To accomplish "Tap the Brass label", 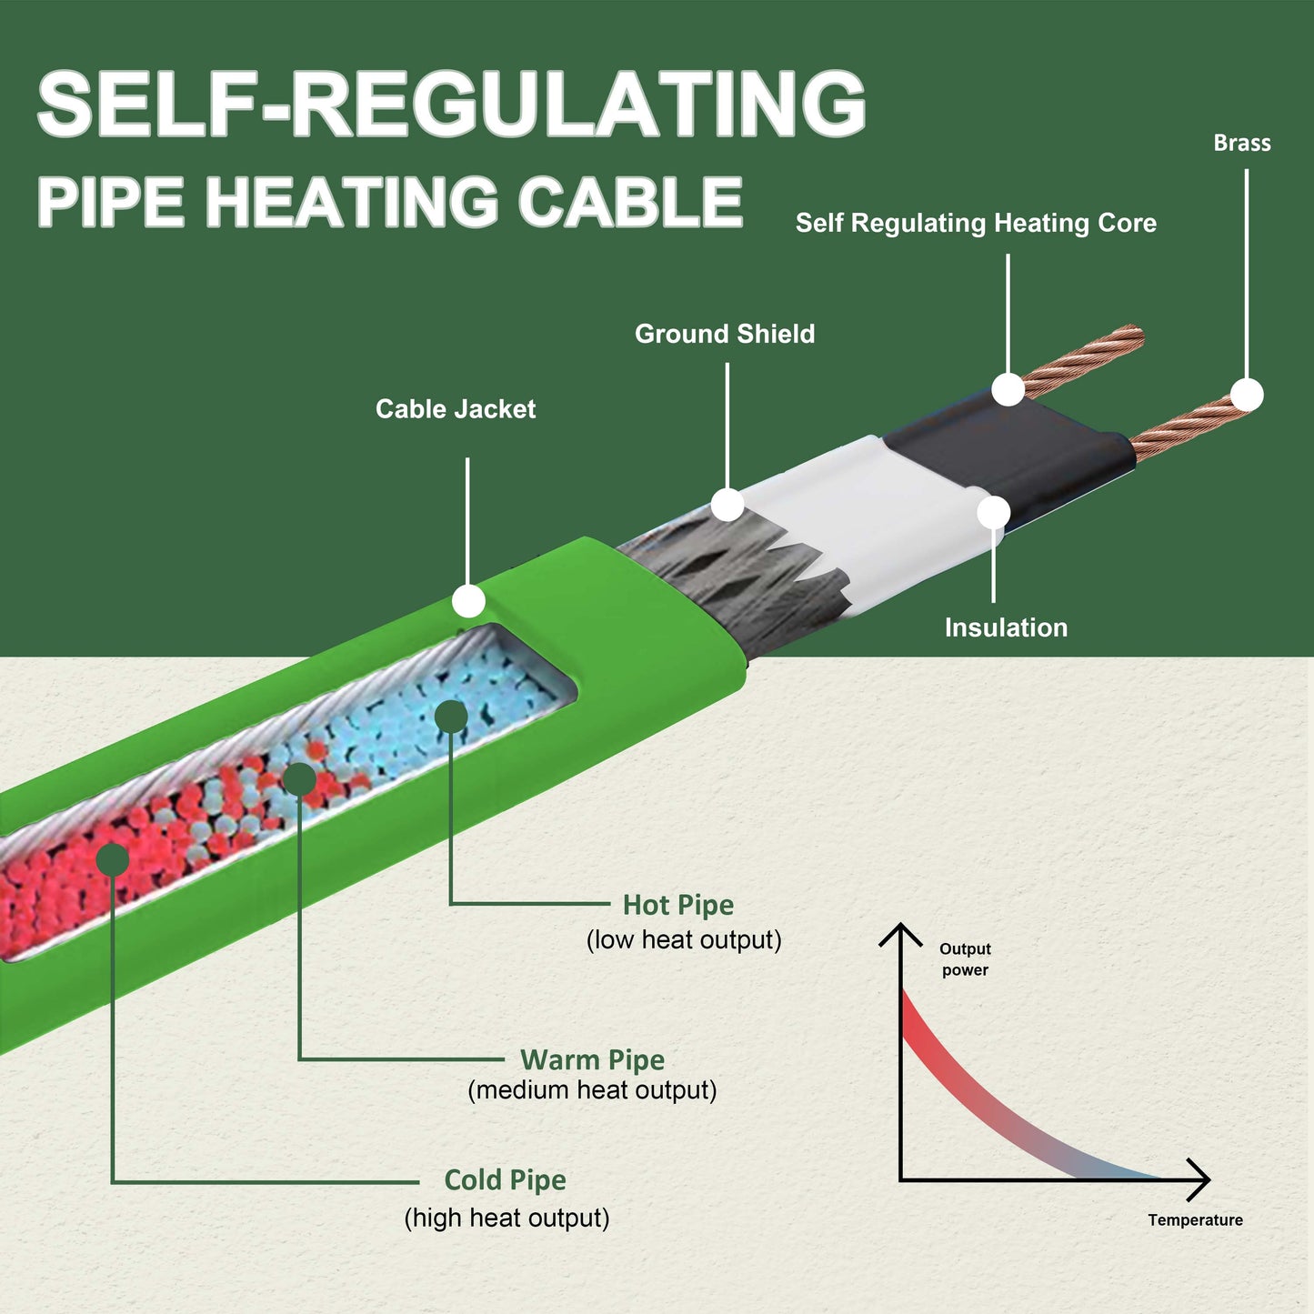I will [x=1241, y=143].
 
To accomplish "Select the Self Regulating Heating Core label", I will [x=976, y=223].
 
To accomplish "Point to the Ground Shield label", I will [x=724, y=334].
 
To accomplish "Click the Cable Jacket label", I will [x=456, y=409].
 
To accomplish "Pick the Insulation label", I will [x=1006, y=627].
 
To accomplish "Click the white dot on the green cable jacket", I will [x=468, y=601].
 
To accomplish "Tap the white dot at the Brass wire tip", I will [x=1247, y=396].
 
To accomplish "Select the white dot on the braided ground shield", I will [x=727, y=505].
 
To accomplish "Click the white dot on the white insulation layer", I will [x=993, y=513].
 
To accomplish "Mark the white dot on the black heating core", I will [x=1008, y=389].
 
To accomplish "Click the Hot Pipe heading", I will [x=677, y=905].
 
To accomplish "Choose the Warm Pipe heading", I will [x=592, y=1059].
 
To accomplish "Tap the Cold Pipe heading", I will [x=505, y=1179].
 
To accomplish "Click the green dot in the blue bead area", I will [x=451, y=717].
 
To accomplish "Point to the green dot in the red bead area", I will [x=112, y=859].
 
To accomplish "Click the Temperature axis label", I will [x=1195, y=1219].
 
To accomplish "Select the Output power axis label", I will [x=965, y=959].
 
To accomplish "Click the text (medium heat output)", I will [x=592, y=1089].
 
